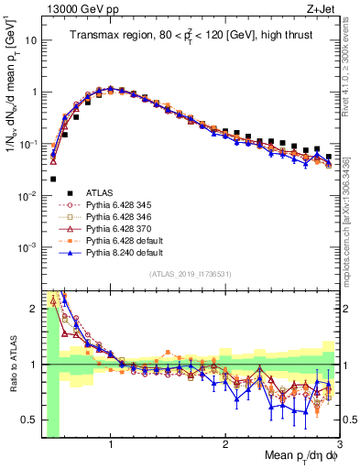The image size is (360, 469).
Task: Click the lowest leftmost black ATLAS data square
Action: tap(53, 179)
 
